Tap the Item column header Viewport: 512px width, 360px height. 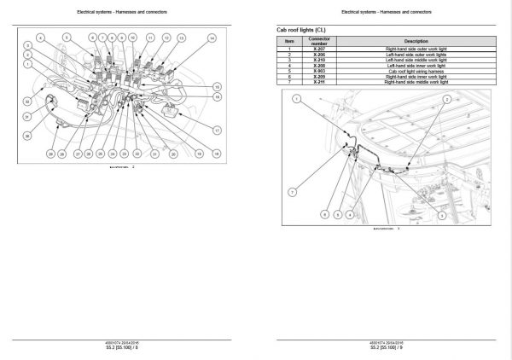289,41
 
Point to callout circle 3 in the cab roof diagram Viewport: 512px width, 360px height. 442,218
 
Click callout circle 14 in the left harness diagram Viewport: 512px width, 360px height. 212,39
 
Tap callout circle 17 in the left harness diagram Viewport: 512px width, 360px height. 217,131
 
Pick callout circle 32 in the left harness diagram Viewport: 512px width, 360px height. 28,101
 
